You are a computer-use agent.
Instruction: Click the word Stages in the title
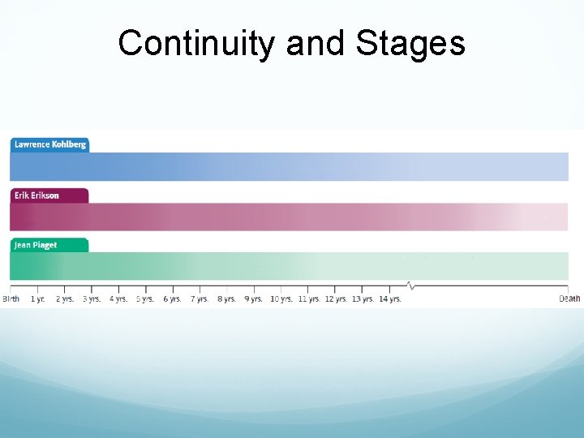(410, 44)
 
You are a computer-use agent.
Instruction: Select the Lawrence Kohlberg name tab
(49, 144)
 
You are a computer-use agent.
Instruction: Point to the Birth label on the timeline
(11, 299)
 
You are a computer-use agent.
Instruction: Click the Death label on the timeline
(569, 299)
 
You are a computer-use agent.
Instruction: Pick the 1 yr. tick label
(38, 299)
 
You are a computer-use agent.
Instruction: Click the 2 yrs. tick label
(65, 299)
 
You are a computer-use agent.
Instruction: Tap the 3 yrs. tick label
(92, 299)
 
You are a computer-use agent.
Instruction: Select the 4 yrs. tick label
(118, 299)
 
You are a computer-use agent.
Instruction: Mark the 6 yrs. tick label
(172, 299)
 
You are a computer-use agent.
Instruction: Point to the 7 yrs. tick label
(200, 299)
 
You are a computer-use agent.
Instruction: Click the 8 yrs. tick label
(226, 299)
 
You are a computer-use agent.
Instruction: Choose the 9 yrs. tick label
(253, 299)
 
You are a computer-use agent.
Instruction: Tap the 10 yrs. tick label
(281, 299)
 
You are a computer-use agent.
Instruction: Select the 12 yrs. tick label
(336, 299)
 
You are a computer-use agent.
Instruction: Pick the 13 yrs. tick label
(363, 299)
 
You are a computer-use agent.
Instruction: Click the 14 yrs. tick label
(390, 299)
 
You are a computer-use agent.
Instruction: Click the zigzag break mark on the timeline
(410, 286)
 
